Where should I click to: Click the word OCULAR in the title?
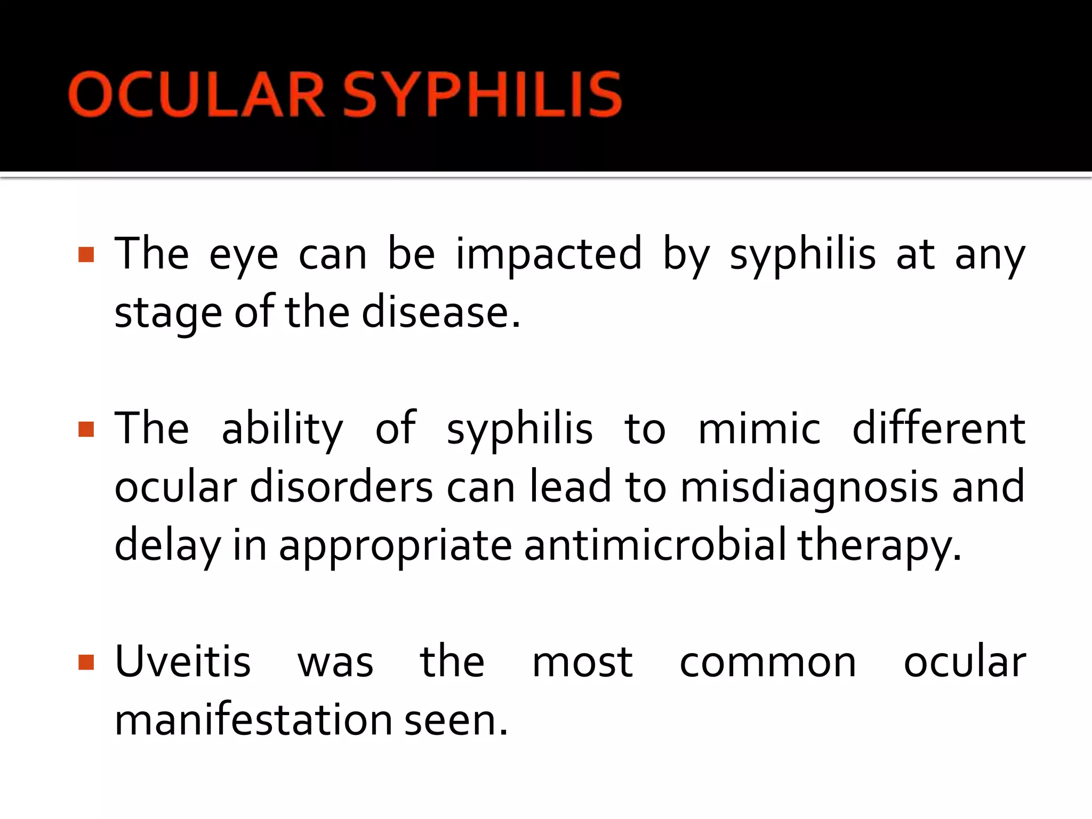click(196, 95)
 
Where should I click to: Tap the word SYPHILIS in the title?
click(482, 95)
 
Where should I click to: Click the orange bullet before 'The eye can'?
click(86, 255)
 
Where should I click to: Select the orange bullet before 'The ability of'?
click(86, 429)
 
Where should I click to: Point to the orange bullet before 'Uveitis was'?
click(86, 662)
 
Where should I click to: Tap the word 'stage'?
click(168, 314)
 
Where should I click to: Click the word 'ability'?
click(283, 430)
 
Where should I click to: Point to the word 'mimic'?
click(759, 429)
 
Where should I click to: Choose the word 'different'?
click(938, 429)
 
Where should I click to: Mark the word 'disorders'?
click(341, 487)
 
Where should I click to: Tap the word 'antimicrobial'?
click(655, 545)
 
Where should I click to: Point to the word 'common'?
click(768, 663)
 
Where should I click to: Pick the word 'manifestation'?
click(254, 720)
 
